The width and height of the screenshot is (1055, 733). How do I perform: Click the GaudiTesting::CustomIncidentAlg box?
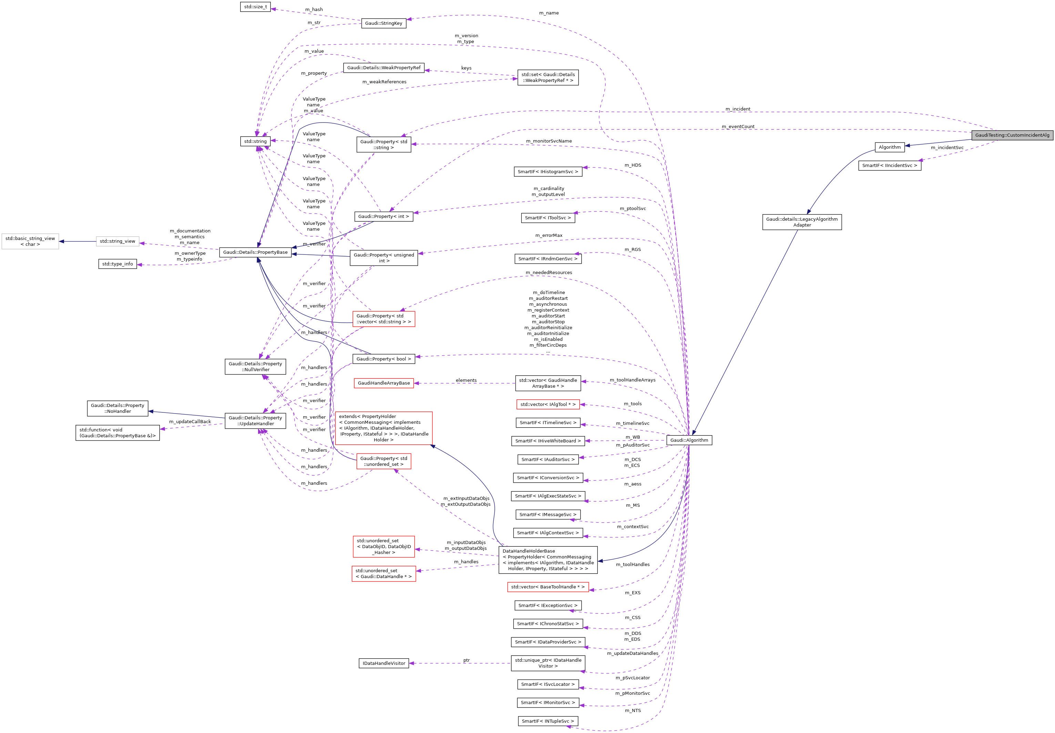click(x=1012, y=135)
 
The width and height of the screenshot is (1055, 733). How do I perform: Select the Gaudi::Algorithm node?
click(x=689, y=440)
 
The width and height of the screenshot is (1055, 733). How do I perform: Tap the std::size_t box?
click(x=255, y=7)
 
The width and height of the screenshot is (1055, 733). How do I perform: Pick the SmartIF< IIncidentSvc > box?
click(x=889, y=165)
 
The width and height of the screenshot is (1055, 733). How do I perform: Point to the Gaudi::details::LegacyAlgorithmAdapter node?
click(x=801, y=222)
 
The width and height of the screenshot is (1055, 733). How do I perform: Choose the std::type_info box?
click(x=117, y=264)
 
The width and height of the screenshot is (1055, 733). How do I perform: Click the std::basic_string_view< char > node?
click(x=30, y=241)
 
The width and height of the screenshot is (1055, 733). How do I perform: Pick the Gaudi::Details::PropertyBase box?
click(x=255, y=252)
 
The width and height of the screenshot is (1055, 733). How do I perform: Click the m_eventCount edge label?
click(x=737, y=127)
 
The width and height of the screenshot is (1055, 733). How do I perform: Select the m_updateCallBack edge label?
click(x=190, y=422)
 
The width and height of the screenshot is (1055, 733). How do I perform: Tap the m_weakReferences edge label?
click(x=384, y=82)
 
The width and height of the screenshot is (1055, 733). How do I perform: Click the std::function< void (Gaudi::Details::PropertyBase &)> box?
click(x=117, y=433)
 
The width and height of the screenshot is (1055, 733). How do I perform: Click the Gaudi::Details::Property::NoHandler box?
click(x=117, y=408)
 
